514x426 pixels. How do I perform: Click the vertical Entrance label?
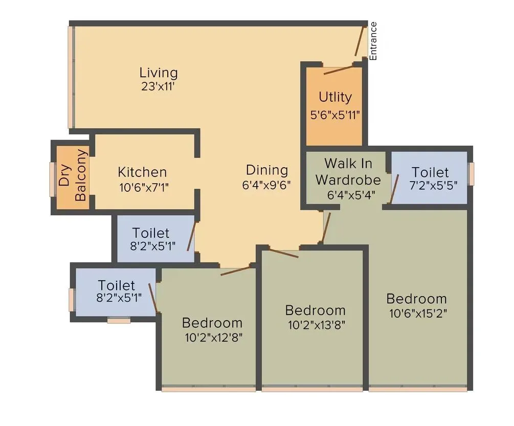(373, 41)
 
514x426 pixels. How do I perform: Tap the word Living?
(159, 73)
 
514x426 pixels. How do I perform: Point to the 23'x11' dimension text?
(159, 86)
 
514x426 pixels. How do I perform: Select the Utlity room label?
(335, 97)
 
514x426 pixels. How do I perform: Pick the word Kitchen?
(142, 172)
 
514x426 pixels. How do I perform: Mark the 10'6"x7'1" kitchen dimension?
(144, 187)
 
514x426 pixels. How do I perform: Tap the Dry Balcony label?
(72, 175)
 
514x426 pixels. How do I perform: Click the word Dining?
(266, 170)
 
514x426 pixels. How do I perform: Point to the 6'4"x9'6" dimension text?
(266, 185)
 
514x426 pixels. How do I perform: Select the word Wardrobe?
(348, 180)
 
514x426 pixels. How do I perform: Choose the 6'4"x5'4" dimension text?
(348, 194)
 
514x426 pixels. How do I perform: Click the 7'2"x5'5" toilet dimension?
(430, 186)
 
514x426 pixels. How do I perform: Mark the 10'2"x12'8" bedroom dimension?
(212, 338)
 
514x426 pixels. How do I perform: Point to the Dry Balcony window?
(52, 178)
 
